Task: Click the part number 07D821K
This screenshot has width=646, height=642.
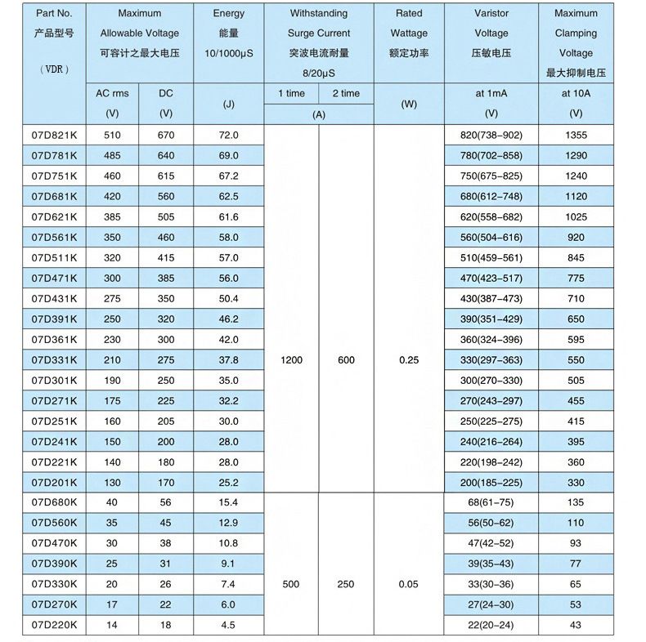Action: click(x=54, y=135)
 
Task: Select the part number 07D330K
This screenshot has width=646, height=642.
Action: click(x=54, y=584)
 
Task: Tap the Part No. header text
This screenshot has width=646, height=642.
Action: click(x=54, y=14)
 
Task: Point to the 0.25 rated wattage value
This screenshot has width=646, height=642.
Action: click(x=409, y=359)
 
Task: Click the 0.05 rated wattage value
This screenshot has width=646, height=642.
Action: click(x=409, y=584)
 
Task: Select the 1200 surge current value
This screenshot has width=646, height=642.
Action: click(x=291, y=359)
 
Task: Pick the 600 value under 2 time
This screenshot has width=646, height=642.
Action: click(x=346, y=359)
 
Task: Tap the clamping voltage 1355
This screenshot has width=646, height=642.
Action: click(x=576, y=135)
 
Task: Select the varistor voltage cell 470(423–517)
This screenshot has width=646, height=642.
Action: click(x=491, y=278)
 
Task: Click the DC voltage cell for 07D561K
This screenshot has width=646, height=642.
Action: click(x=166, y=237)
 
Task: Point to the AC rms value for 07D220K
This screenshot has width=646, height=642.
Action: click(x=113, y=625)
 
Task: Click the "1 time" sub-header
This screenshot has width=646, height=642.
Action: click(x=291, y=94)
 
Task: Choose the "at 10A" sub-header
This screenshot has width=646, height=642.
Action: click(x=576, y=94)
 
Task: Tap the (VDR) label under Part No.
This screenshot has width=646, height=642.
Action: click(x=54, y=69)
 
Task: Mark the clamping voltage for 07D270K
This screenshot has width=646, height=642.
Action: click(x=576, y=604)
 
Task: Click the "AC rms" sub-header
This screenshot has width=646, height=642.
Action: click(x=113, y=94)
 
